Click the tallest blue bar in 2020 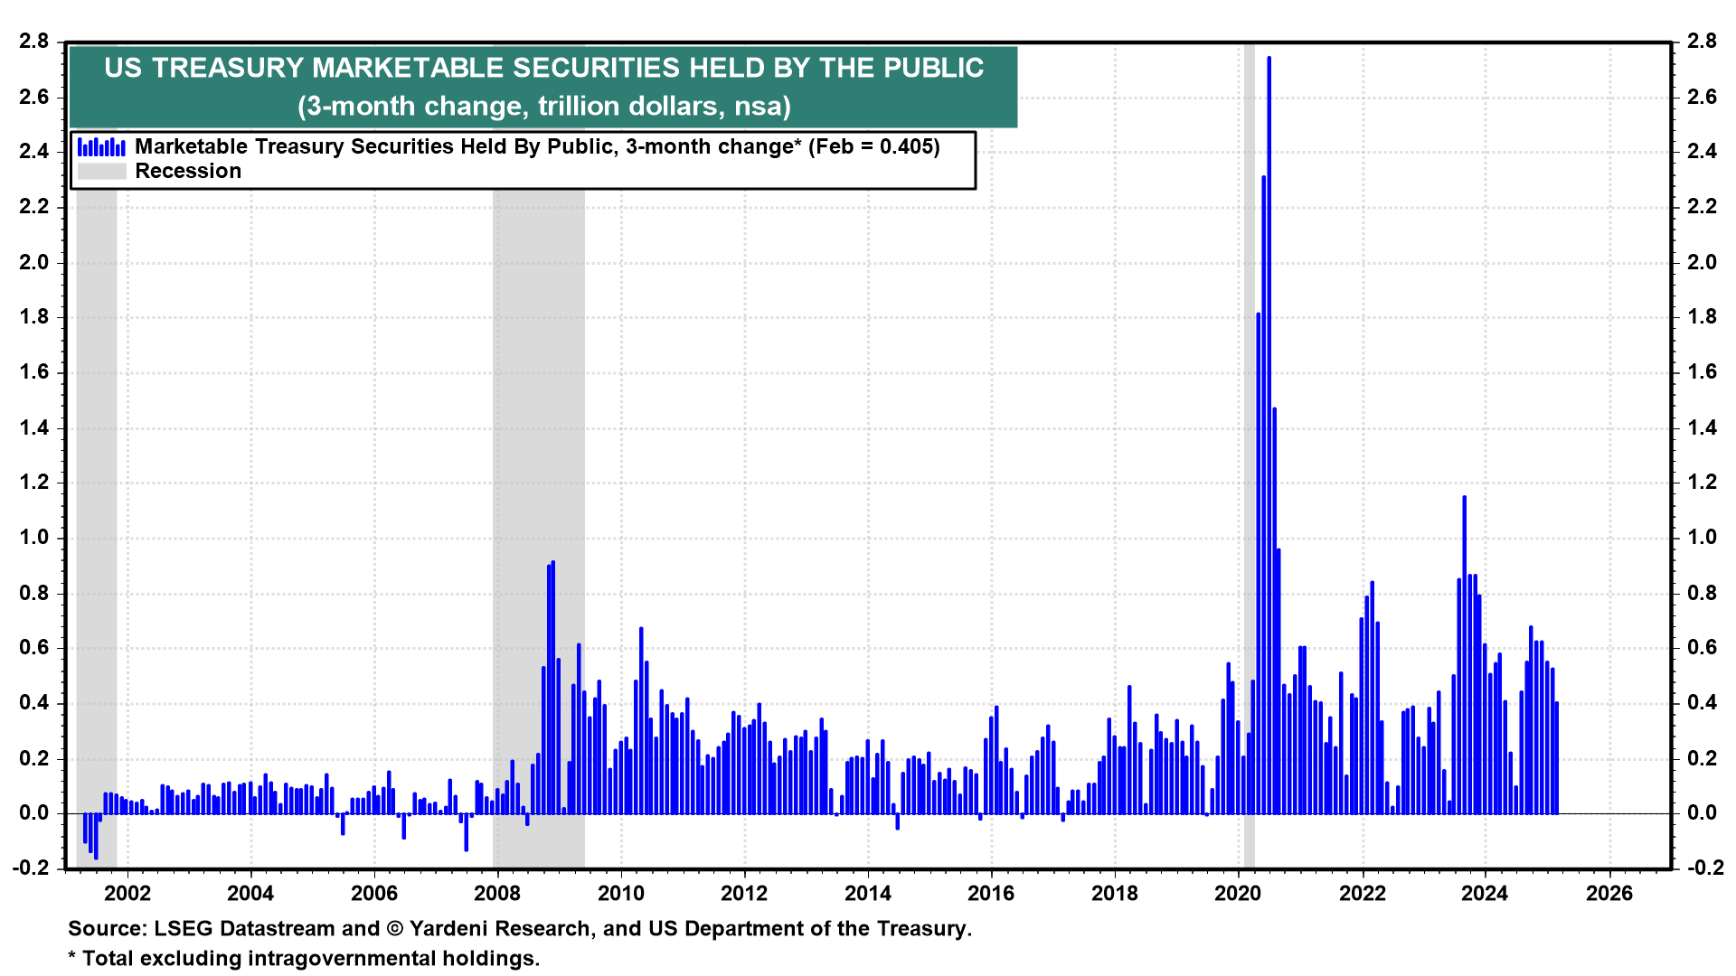point(1269,434)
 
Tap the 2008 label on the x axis point(497,894)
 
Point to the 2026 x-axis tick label point(1609,894)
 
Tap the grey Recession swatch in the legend point(101,171)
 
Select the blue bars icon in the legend point(101,146)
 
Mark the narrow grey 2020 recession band point(1249,452)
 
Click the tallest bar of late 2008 point(552,687)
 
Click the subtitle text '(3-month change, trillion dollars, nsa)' point(543,107)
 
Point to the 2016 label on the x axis point(991,894)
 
